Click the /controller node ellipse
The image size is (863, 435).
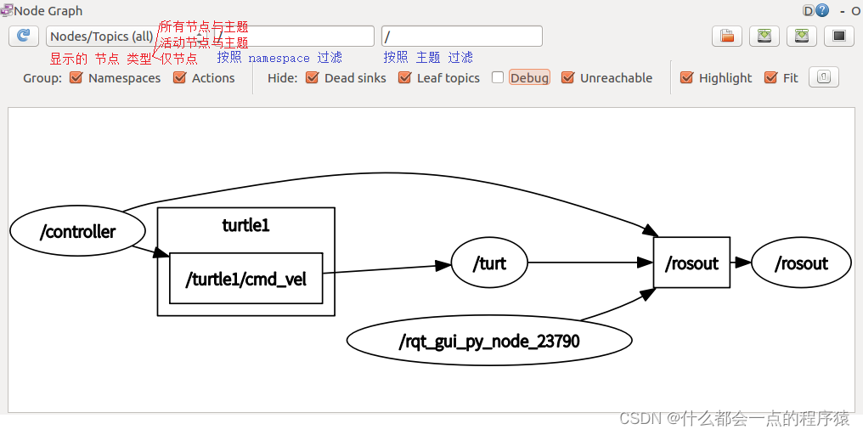click(x=77, y=231)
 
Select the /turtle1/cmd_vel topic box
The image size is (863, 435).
click(x=246, y=278)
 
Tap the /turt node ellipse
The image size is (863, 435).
click(x=489, y=263)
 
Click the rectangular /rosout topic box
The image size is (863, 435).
click(x=691, y=263)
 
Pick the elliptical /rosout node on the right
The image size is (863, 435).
click(x=801, y=263)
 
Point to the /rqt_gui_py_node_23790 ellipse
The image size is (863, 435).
click(x=489, y=342)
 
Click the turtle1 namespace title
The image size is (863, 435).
click(x=245, y=225)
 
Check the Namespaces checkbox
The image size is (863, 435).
click(x=76, y=78)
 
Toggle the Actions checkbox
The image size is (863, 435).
click(x=179, y=78)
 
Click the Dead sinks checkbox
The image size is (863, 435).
click(x=312, y=78)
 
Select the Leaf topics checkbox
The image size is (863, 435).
click(x=404, y=78)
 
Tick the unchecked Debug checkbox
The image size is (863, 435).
click(x=498, y=78)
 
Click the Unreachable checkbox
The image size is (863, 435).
click(x=568, y=78)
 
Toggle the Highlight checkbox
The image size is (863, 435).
click(x=687, y=78)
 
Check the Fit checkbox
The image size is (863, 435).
click(x=770, y=78)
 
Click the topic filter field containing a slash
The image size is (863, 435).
click(x=461, y=37)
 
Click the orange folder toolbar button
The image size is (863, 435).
click(x=727, y=36)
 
